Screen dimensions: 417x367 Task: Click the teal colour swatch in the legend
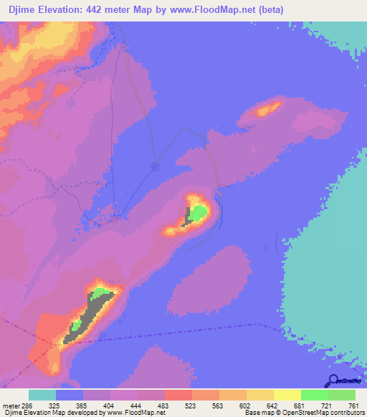click(42, 395)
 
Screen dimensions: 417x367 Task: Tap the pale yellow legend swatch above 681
click(287, 395)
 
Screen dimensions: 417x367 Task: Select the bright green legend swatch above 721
click(314, 395)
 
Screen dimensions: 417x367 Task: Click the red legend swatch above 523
click(178, 395)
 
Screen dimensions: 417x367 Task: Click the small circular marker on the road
click(154, 166)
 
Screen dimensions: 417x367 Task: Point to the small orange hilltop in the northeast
click(269, 110)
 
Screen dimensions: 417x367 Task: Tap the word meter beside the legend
click(10, 406)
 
